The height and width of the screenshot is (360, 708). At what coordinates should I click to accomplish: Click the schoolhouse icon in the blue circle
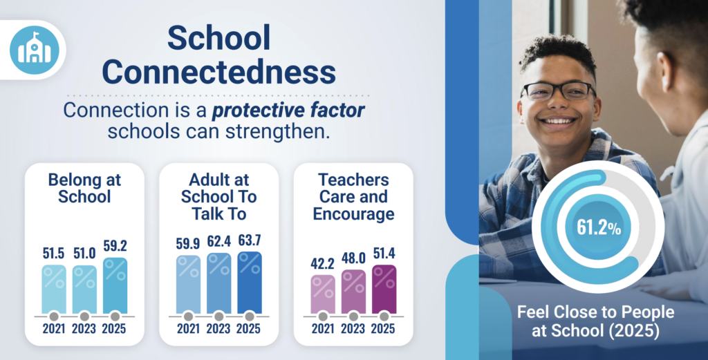(x=35, y=50)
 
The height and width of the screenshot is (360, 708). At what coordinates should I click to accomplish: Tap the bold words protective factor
(x=288, y=111)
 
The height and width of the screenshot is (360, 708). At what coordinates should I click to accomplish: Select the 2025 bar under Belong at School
(x=115, y=285)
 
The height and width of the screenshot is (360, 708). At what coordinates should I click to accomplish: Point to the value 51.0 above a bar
(x=84, y=254)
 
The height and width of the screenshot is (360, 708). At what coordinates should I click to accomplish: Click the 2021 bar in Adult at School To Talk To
(x=188, y=285)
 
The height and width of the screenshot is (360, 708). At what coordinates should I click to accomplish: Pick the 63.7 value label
(x=250, y=240)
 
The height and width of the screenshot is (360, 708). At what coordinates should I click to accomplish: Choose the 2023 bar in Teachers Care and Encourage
(x=353, y=292)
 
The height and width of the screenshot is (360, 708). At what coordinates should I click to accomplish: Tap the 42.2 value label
(x=323, y=263)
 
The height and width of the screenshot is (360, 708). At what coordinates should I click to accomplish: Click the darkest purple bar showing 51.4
(x=384, y=289)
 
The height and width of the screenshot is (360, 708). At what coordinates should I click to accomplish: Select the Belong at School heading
(x=84, y=188)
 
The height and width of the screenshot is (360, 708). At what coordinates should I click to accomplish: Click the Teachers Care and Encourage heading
(x=353, y=197)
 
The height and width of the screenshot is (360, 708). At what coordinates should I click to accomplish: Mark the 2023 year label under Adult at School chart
(x=219, y=328)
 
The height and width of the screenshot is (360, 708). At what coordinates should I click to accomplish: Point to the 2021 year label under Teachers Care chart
(x=323, y=328)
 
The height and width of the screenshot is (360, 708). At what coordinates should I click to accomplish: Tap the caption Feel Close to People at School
(x=595, y=321)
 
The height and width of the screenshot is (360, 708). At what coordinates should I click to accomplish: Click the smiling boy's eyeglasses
(x=558, y=91)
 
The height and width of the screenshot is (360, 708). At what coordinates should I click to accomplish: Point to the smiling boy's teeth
(x=558, y=121)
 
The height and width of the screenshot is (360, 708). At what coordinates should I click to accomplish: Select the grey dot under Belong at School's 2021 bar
(x=54, y=316)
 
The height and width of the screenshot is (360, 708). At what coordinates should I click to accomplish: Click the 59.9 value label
(x=188, y=244)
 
